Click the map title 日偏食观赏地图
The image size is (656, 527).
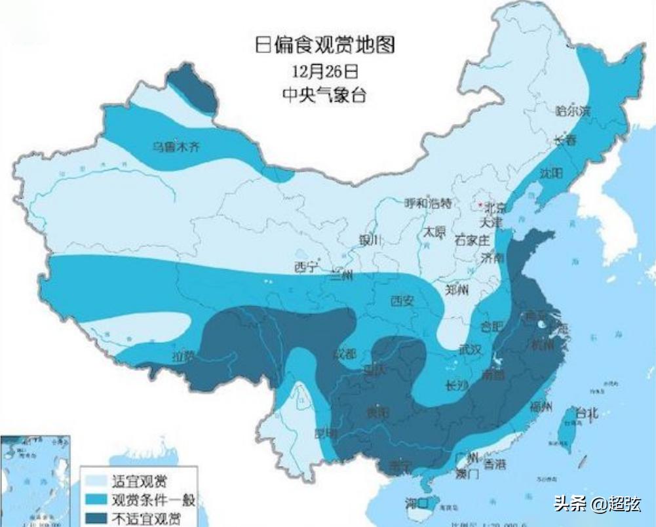click(x=325, y=45)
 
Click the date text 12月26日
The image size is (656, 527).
click(x=325, y=70)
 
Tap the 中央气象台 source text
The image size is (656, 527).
click(x=325, y=94)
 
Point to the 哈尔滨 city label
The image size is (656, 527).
click(x=573, y=111)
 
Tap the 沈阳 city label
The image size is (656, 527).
click(x=551, y=173)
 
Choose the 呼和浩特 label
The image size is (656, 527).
click(x=428, y=203)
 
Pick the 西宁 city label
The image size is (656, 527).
click(x=305, y=267)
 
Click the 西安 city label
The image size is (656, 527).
click(x=402, y=301)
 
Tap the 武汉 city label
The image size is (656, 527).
click(x=471, y=350)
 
